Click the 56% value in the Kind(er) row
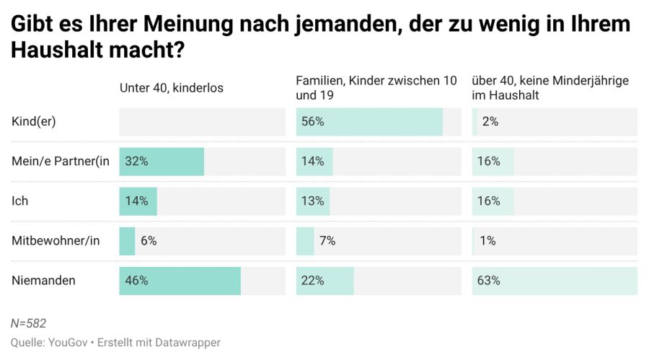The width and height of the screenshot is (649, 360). [x=313, y=122]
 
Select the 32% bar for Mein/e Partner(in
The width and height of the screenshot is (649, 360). [x=162, y=162]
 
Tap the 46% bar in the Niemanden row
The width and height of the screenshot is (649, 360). [x=180, y=281]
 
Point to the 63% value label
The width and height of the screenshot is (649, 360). [x=489, y=281]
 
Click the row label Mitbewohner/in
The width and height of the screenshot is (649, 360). [x=56, y=241]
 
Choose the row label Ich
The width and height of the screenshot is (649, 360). [x=20, y=201]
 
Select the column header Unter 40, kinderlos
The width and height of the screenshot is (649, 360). [x=172, y=88]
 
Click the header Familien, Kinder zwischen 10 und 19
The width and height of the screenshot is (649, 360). [x=376, y=87]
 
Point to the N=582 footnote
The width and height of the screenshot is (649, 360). [x=29, y=323]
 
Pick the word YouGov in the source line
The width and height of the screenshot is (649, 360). [x=69, y=343]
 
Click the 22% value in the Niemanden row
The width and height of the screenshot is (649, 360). [x=313, y=281]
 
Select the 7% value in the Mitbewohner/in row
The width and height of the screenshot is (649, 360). [x=327, y=241]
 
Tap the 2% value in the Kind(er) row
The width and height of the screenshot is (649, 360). [x=490, y=122]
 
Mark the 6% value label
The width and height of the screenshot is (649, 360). [x=149, y=241]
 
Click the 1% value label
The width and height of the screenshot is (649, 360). [x=487, y=241]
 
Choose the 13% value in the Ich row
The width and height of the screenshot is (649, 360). [x=313, y=201]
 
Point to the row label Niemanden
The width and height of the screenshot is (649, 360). [x=44, y=281]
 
